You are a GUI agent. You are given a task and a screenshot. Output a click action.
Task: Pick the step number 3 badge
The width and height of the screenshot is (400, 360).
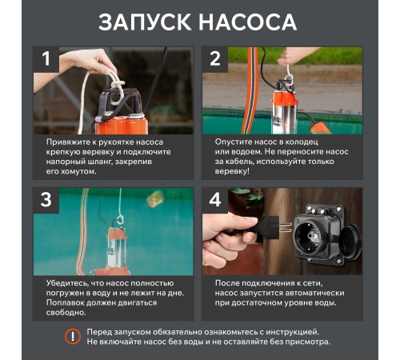[46, 200]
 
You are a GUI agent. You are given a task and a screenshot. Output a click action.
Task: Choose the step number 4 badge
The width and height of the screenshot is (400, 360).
[214, 200]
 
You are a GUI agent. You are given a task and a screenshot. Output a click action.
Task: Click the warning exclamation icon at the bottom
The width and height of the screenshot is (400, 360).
[73, 336]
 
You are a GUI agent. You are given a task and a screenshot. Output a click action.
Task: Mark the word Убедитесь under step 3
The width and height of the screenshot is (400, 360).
[70, 282]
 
